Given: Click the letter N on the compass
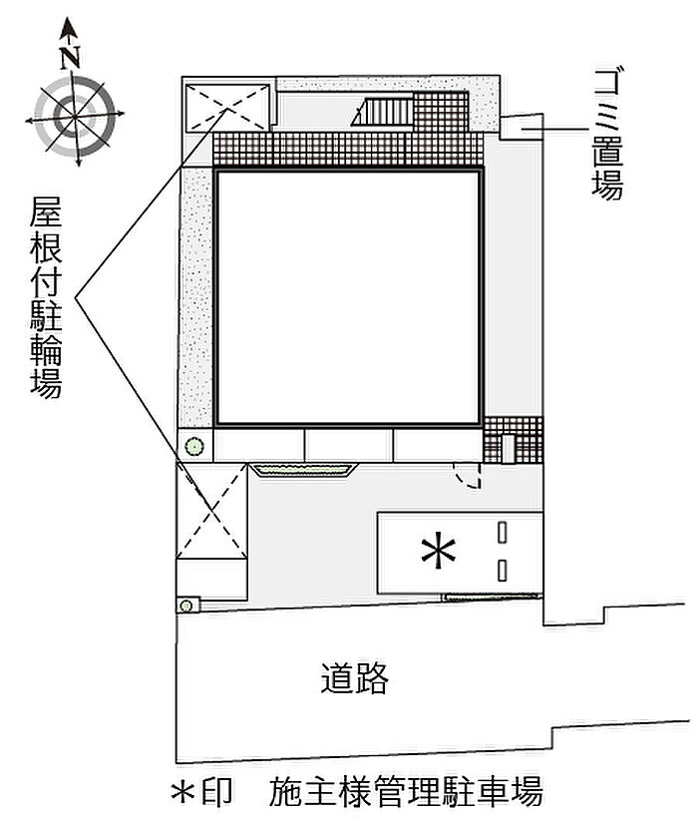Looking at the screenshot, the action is click(69, 57).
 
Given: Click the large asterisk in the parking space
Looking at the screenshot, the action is click(439, 552).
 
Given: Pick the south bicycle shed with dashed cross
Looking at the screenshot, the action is click(211, 511).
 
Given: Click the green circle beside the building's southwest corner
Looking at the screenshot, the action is click(195, 446).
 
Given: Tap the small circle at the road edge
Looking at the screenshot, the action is click(186, 605).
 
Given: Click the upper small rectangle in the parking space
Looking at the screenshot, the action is click(505, 533).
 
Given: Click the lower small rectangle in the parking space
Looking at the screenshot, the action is click(505, 571).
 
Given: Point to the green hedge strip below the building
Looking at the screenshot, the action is click(303, 469).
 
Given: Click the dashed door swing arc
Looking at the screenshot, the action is click(469, 476).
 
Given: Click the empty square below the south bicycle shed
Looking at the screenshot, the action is click(211, 579).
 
